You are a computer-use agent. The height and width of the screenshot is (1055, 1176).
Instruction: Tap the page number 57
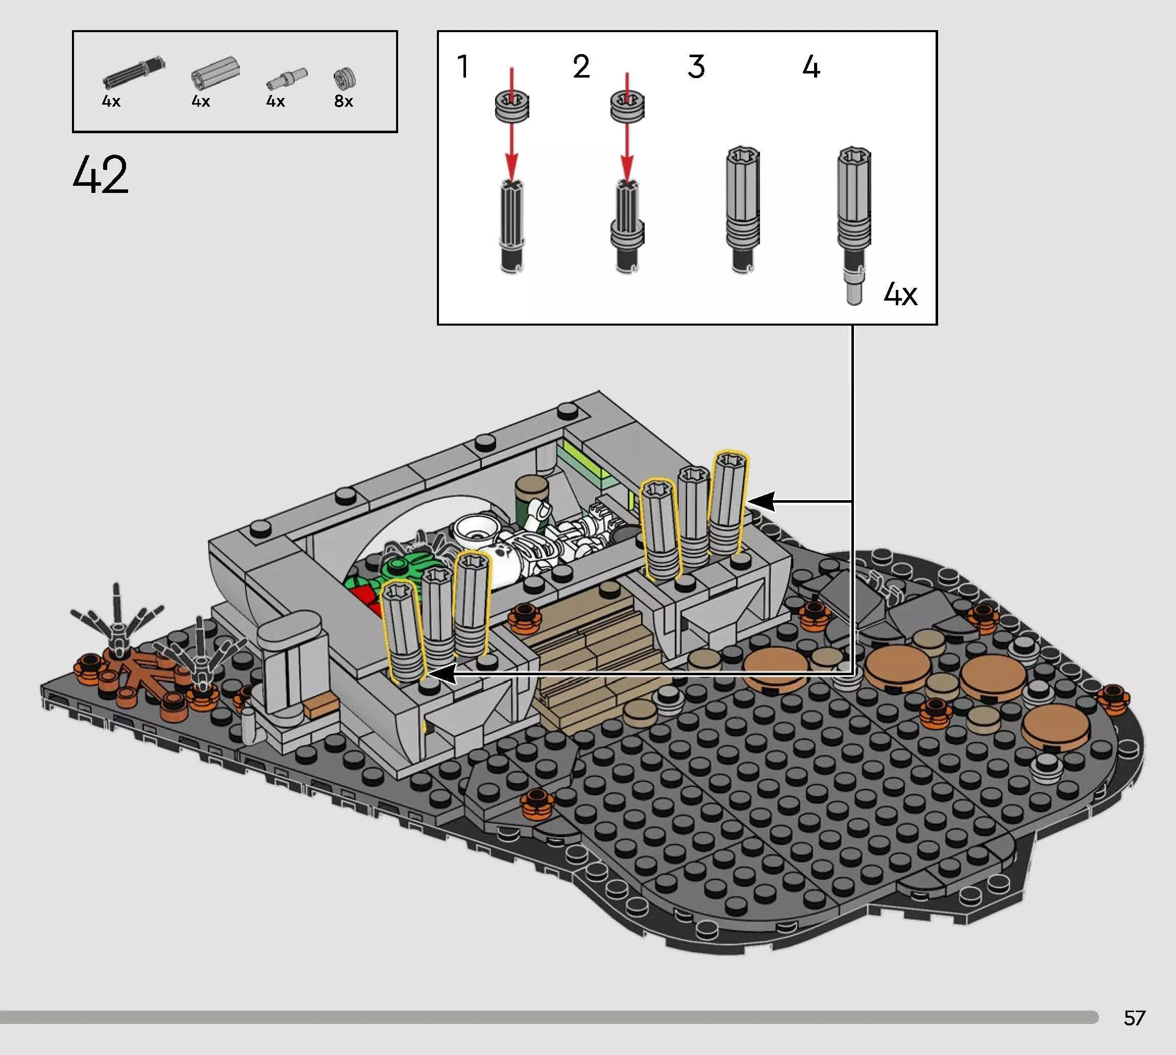(x=1134, y=1018)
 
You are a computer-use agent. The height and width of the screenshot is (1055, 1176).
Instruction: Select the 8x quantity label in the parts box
(x=344, y=102)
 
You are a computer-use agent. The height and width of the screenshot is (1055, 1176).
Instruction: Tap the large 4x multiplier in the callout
(x=900, y=295)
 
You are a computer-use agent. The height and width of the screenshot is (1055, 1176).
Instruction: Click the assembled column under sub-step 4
(x=854, y=225)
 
